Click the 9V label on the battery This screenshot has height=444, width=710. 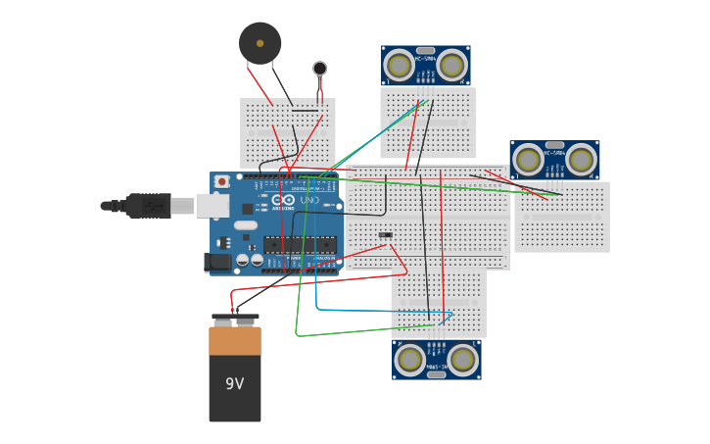[x=234, y=383]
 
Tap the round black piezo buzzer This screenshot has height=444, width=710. [x=260, y=43]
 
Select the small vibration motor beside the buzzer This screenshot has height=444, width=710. [x=320, y=69]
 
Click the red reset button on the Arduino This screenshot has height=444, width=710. [x=222, y=181]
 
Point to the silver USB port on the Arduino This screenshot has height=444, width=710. [x=212, y=205]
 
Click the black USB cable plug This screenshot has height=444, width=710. [x=148, y=206]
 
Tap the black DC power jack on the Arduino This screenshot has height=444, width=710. [x=217, y=262]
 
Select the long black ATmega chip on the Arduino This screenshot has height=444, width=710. [x=300, y=245]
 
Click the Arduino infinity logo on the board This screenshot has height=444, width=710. [x=284, y=200]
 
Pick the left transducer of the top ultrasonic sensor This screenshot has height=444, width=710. [x=399, y=66]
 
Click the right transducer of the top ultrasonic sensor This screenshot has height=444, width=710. [x=451, y=66]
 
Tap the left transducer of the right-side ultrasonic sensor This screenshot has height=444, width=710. [x=528, y=160]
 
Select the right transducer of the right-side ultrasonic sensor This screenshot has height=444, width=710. [x=581, y=160]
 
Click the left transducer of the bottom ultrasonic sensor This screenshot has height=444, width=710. [x=409, y=360]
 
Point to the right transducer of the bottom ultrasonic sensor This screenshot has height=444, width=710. [x=462, y=360]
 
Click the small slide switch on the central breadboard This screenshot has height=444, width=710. [x=386, y=234]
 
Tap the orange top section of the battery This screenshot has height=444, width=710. [x=235, y=341]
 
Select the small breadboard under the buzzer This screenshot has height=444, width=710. [x=288, y=132]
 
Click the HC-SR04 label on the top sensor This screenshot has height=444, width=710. [x=425, y=59]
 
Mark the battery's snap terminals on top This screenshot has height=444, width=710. [x=235, y=319]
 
